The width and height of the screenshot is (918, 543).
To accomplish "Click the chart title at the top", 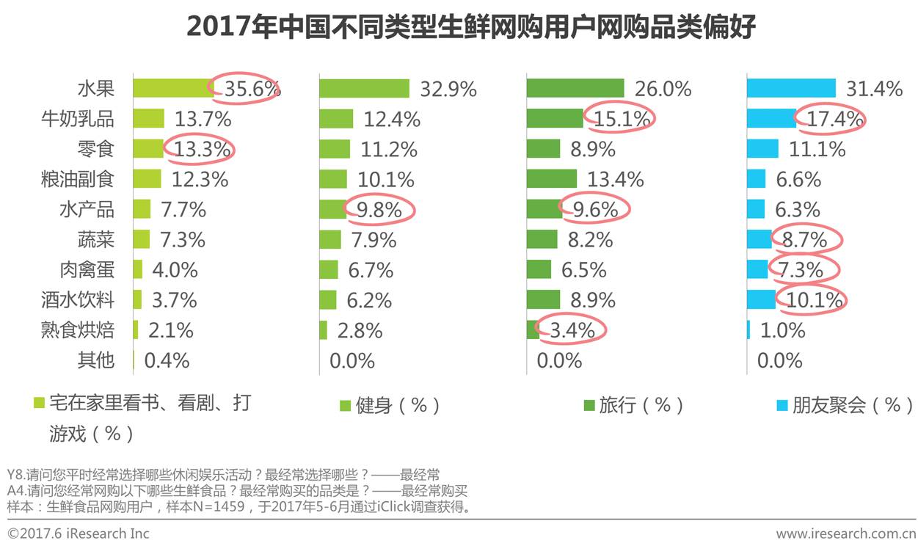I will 470,26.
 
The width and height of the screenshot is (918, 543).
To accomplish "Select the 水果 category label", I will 96,89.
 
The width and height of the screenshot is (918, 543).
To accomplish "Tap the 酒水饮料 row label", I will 78,299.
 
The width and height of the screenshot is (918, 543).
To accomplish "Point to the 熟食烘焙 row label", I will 78,330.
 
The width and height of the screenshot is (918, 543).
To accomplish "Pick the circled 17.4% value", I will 834,119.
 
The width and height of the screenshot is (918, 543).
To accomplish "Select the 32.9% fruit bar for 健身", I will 364,89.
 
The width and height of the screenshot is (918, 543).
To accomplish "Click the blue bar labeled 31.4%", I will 791,89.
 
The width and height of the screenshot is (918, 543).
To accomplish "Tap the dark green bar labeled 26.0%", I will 575,89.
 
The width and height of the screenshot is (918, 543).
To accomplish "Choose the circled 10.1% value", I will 815,299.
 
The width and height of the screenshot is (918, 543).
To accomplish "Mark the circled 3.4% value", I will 572,330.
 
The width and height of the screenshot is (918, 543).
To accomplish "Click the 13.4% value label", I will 615,179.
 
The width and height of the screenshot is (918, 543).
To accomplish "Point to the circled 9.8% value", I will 379,210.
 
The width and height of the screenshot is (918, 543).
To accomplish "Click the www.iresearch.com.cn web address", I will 846,533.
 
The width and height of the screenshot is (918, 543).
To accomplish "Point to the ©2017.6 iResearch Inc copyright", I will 79,533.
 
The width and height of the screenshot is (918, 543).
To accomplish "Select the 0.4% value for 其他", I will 167,360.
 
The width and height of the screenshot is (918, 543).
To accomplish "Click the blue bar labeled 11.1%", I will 762,149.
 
